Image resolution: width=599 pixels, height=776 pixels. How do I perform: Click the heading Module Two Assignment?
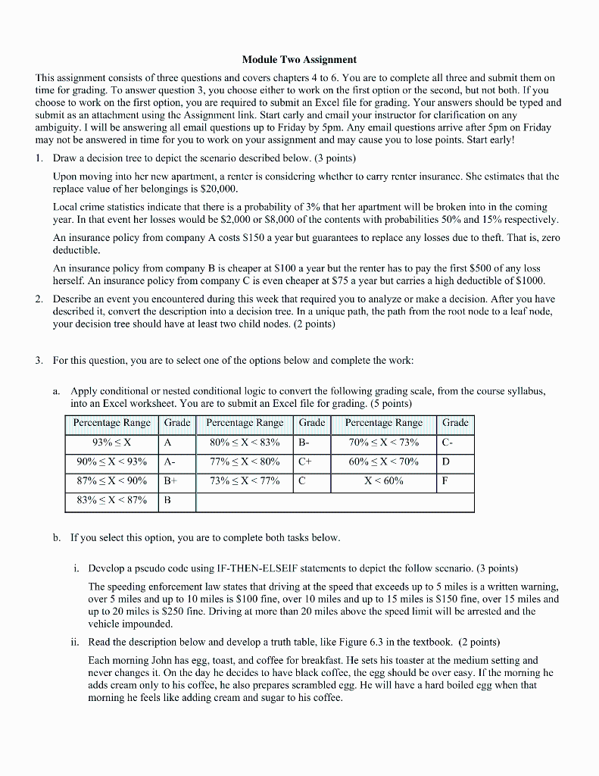coord(299,59)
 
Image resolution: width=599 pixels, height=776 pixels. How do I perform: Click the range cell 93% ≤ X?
coord(112,443)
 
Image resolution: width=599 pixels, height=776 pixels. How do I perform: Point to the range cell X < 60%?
coord(384,481)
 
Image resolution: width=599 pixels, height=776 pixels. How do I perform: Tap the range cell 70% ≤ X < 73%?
coord(384,443)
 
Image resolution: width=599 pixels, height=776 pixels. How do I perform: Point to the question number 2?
coord(39,299)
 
